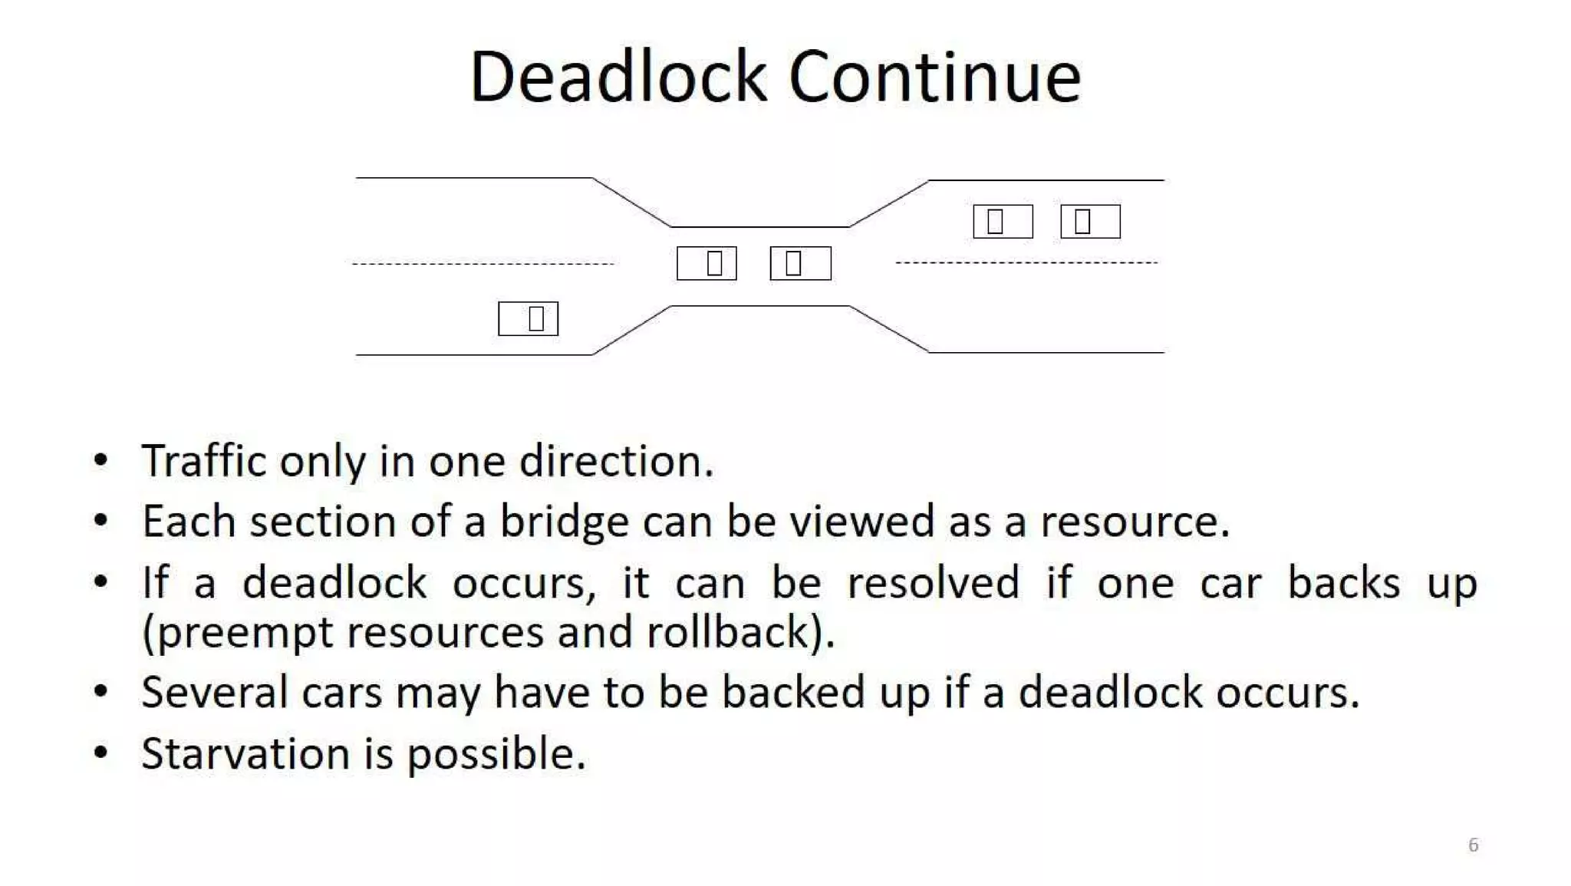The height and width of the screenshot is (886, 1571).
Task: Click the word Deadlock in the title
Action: click(618, 77)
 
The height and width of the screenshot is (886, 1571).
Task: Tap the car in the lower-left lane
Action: click(528, 318)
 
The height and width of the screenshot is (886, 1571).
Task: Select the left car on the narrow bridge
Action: click(706, 263)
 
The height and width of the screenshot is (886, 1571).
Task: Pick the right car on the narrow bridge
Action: click(800, 263)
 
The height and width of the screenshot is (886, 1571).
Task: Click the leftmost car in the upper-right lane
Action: click(1003, 222)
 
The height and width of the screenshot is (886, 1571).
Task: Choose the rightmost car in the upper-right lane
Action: click(1090, 222)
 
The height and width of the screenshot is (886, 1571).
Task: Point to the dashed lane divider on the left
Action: click(483, 264)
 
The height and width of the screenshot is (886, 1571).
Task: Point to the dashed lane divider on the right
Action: click(1026, 262)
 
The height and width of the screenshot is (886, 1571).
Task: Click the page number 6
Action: click(1473, 845)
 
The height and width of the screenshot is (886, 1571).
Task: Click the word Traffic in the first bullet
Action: click(204, 461)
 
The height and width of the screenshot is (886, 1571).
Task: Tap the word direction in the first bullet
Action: click(615, 461)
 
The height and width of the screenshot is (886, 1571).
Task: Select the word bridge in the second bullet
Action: click(565, 522)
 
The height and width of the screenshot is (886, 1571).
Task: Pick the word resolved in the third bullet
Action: click(933, 582)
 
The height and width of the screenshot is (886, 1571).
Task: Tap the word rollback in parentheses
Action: click(729, 632)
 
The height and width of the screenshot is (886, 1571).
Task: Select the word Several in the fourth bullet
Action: click(215, 692)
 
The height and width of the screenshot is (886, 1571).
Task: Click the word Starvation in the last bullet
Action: click(245, 753)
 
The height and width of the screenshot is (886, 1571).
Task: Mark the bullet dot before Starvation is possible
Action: click(100, 753)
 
